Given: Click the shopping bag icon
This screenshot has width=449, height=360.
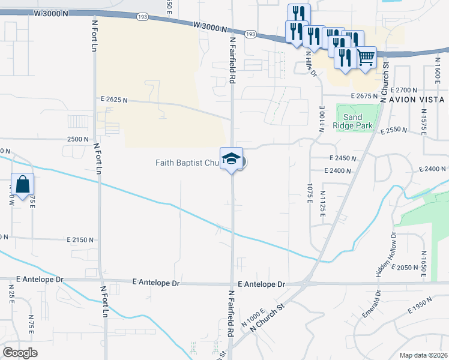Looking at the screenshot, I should click(x=22, y=184).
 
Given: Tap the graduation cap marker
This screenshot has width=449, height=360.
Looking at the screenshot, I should click(x=231, y=159).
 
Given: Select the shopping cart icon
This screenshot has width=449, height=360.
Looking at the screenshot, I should click(x=366, y=58).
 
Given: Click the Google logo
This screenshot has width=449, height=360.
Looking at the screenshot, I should click(x=20, y=352).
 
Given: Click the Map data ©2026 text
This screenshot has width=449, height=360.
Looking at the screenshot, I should click(x=423, y=355).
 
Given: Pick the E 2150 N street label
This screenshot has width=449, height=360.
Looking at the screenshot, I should click(x=80, y=239).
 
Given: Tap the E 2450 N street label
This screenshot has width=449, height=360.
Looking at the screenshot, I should click(x=343, y=158).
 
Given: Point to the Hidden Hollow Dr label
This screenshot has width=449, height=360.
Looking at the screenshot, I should click(x=387, y=254).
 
